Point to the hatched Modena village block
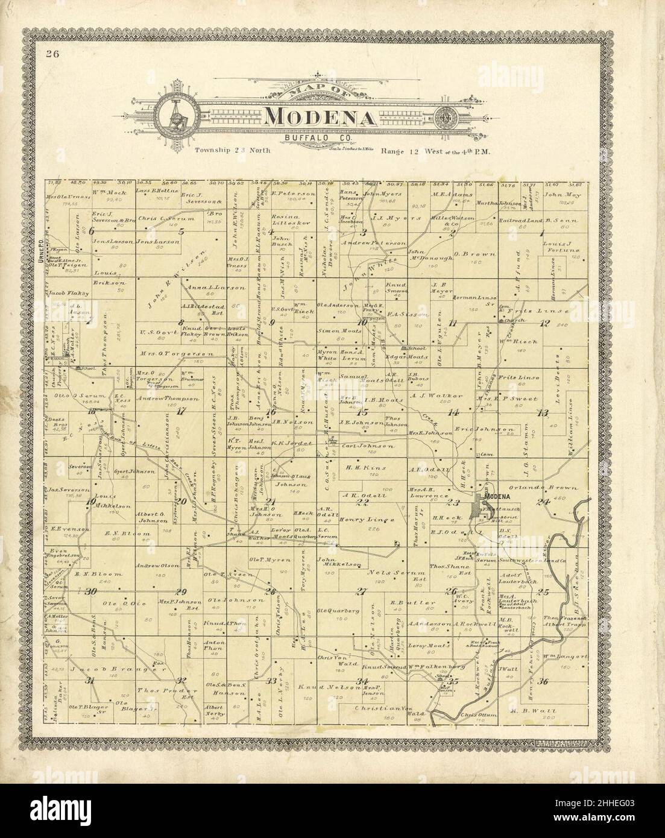(x=476, y=509)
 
